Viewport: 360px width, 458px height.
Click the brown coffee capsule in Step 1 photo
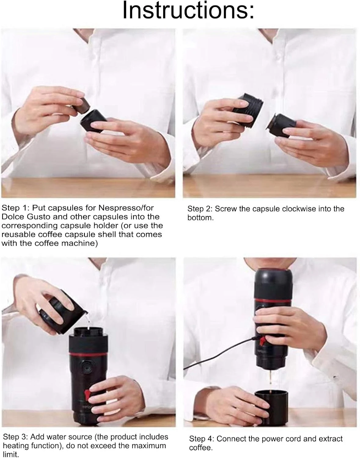coord(82,106)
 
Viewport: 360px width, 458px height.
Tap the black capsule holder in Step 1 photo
coord(93,121)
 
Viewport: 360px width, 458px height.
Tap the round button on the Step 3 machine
coord(86,368)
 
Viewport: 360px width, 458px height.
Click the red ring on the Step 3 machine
coord(88,354)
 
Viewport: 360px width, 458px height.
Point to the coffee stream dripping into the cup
coord(270,380)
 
